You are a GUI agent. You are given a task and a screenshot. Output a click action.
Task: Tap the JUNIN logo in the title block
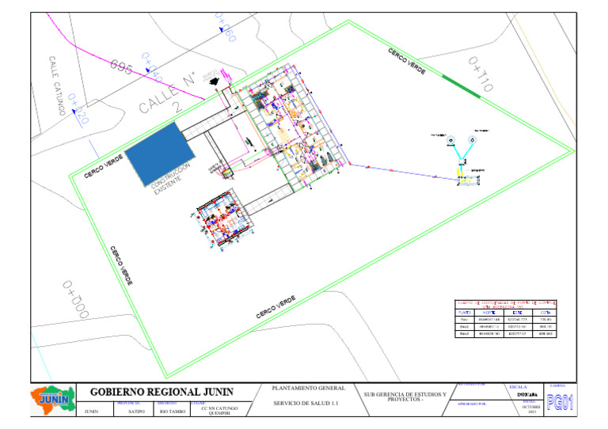[53, 400]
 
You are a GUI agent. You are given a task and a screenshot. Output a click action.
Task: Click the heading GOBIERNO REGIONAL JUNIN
[161, 393]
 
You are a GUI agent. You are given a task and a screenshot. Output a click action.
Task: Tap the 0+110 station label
[480, 74]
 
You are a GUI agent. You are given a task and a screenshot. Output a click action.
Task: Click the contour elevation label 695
[121, 66]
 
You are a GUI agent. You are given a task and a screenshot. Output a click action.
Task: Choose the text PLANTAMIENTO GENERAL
[309, 389]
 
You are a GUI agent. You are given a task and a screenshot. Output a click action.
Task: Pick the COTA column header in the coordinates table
[545, 313]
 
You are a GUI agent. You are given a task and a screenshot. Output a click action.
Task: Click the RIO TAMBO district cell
[173, 412]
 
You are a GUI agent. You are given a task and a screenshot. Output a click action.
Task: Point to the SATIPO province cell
[135, 412]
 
